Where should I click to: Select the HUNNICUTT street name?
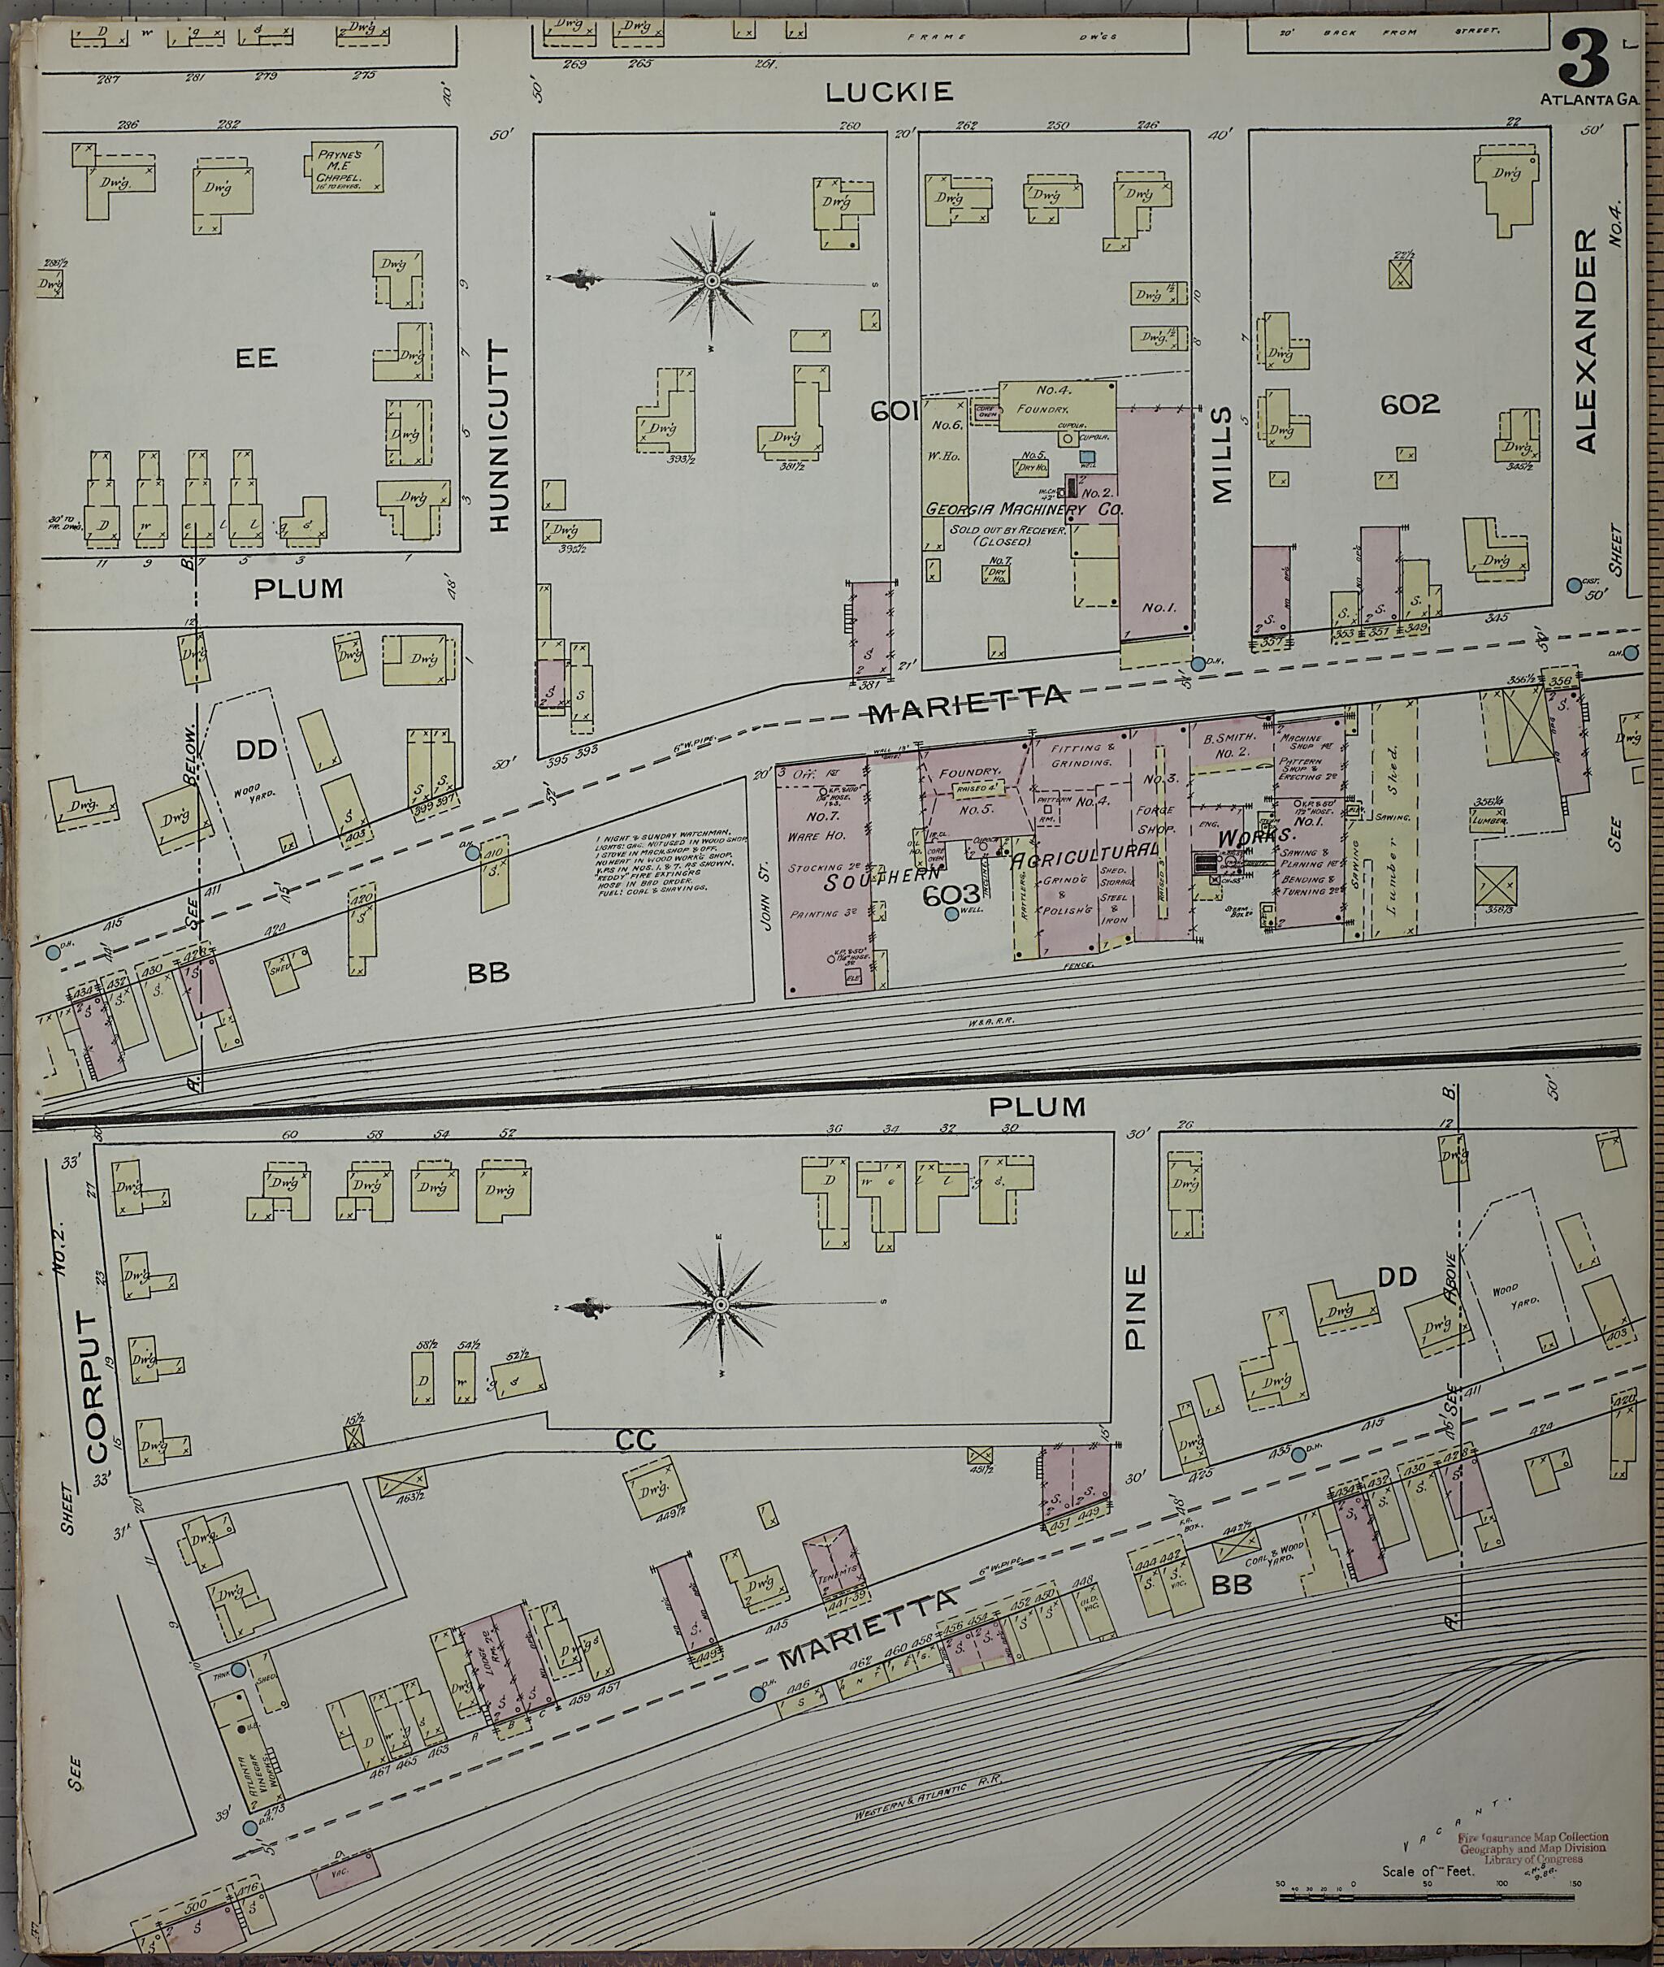499,435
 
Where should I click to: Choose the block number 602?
1410,405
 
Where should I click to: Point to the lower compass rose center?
721,1305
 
